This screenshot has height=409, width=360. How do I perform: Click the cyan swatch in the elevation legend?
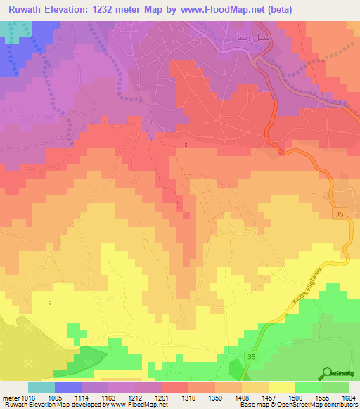click(41, 387)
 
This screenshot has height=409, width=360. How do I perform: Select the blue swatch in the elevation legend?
click(67, 387)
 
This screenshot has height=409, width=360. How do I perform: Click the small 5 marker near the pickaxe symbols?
click(50, 304)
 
